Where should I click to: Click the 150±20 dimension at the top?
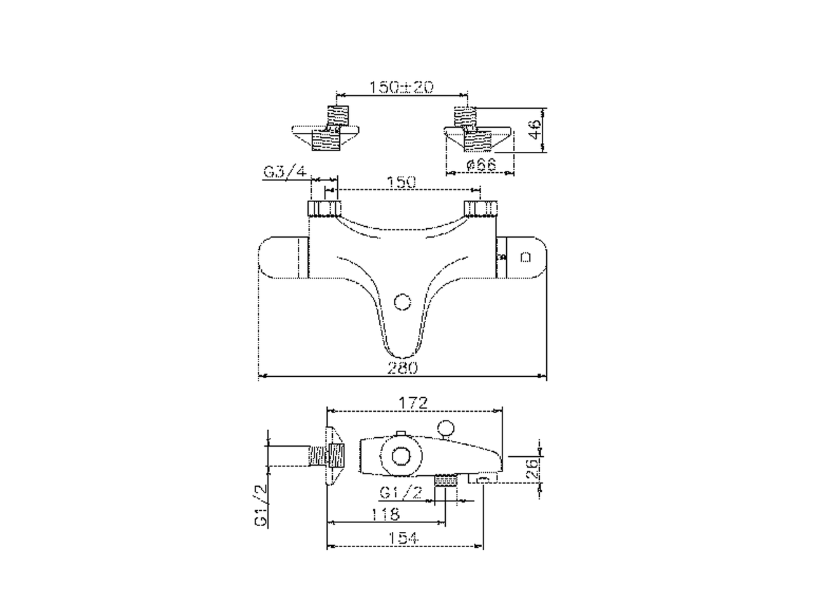(401, 87)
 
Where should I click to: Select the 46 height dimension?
(535, 130)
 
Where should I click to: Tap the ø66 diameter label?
(480, 165)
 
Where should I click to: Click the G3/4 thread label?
(285, 172)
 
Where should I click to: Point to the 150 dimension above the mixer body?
(401, 182)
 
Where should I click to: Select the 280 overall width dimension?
(402, 367)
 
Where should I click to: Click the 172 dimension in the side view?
(413, 403)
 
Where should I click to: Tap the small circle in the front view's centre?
(402, 301)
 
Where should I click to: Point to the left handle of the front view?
(284, 258)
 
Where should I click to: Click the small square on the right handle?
(525, 257)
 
